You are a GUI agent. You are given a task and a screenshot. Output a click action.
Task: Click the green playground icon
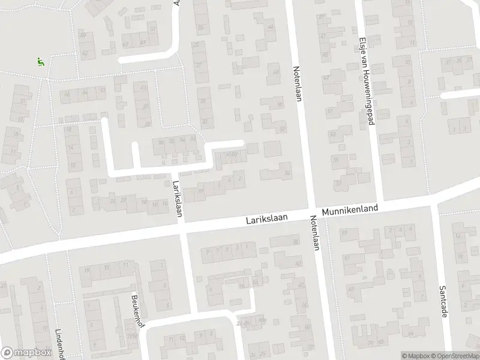click(x=40, y=61)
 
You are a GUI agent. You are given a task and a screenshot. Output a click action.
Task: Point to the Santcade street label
click(x=444, y=302)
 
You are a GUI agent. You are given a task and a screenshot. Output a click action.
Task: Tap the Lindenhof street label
click(x=59, y=336)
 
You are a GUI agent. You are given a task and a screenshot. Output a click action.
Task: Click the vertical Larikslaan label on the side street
click(x=177, y=199)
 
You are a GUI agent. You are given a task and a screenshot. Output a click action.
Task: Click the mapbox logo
click(x=25, y=352)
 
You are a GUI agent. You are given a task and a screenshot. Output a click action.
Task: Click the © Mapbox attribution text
click(x=415, y=356)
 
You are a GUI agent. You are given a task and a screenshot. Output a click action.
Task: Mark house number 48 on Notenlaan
click(x=276, y=73)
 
